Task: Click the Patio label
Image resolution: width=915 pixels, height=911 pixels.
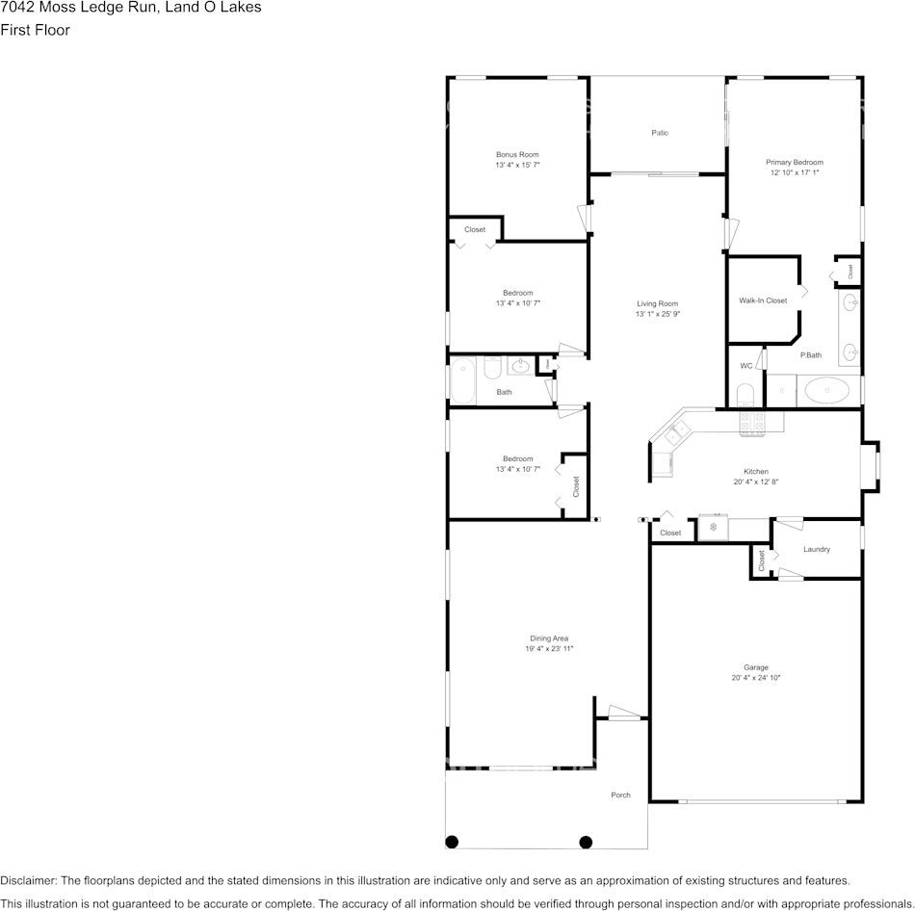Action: click(660, 133)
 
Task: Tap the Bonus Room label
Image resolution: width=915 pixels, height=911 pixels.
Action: click(517, 155)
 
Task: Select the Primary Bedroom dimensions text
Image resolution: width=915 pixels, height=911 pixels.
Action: click(795, 172)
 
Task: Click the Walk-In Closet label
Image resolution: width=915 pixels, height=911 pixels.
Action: click(763, 300)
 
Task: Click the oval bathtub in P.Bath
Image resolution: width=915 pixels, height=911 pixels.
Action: click(827, 390)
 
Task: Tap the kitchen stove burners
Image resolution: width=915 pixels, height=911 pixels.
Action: click(752, 424)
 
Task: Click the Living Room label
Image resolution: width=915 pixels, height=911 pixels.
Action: click(657, 303)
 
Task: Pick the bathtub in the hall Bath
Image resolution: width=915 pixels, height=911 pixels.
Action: click(462, 381)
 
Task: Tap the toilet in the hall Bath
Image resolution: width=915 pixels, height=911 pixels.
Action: click(492, 367)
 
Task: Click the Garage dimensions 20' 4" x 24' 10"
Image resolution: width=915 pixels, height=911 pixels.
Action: click(756, 678)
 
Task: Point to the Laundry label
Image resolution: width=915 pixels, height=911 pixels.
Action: click(817, 549)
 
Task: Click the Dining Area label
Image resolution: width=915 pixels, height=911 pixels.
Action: click(549, 638)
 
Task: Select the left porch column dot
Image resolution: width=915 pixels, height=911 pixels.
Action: click(452, 842)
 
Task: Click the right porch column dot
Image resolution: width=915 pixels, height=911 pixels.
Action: click(586, 842)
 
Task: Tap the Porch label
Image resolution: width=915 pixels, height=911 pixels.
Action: click(620, 794)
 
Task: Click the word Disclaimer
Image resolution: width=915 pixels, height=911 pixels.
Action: click(28, 880)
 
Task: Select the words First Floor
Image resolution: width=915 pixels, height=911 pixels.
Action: click(35, 30)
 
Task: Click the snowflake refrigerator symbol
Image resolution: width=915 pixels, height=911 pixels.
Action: click(713, 527)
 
